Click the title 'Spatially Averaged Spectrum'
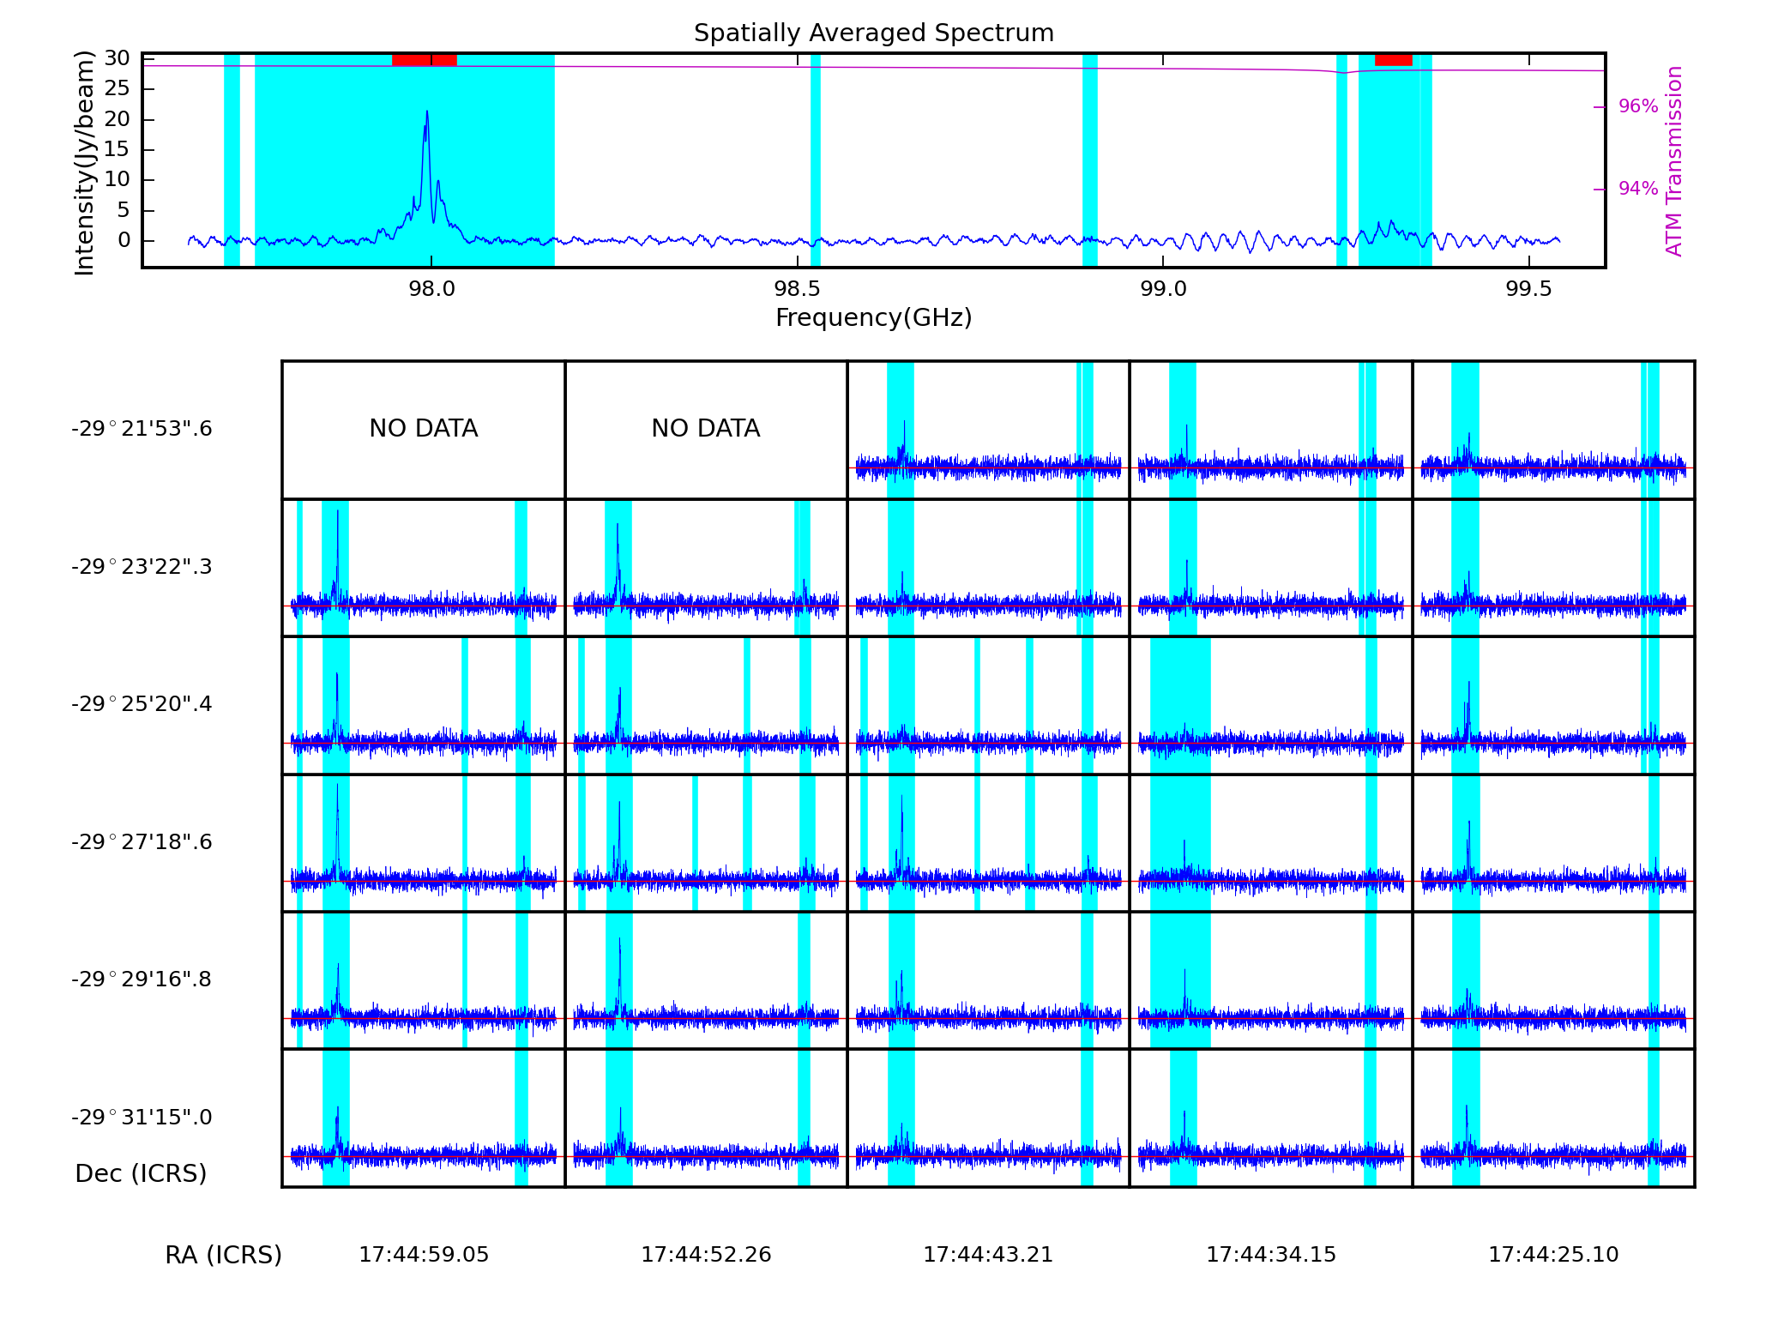tap(873, 33)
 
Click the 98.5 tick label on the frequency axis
tap(797, 289)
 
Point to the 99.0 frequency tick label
tap(1163, 289)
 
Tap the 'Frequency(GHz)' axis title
tap(873, 318)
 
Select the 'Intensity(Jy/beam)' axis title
tap(84, 163)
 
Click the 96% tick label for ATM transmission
tap(1637, 106)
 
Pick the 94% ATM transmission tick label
tap(1637, 189)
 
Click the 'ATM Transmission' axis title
tap(1673, 161)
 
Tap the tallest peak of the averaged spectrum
tap(427, 112)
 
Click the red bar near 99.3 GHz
tap(1393, 59)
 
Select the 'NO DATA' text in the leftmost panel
tap(424, 429)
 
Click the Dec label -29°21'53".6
tap(142, 429)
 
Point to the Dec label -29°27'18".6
tap(142, 842)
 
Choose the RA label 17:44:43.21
tap(988, 1255)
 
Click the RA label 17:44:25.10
tap(1553, 1255)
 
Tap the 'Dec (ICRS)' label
tap(142, 1173)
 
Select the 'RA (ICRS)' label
tap(223, 1255)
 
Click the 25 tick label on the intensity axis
tap(118, 88)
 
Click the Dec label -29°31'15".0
tap(142, 1118)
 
